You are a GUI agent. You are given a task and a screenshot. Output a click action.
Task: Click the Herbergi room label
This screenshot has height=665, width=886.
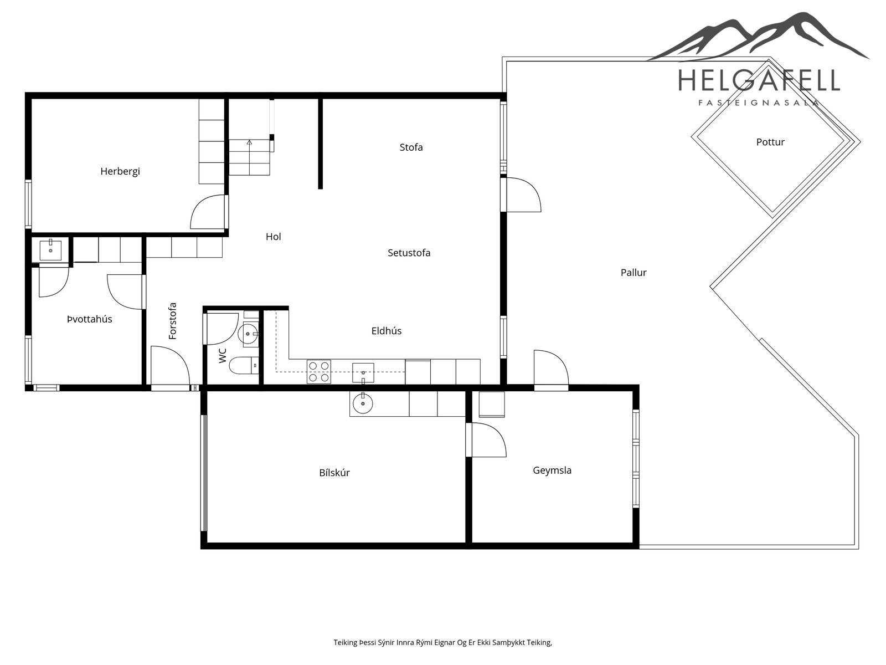click(x=120, y=172)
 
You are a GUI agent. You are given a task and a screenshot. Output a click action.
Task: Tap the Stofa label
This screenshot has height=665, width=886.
click(x=411, y=147)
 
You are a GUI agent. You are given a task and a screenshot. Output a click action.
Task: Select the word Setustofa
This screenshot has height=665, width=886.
click(x=409, y=253)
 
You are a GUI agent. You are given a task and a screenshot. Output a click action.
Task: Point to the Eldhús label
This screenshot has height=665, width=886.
click(x=387, y=331)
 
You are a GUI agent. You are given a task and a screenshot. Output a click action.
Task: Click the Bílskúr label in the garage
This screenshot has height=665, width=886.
click(x=334, y=472)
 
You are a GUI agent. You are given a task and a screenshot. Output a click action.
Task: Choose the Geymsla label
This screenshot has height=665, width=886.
click(x=552, y=470)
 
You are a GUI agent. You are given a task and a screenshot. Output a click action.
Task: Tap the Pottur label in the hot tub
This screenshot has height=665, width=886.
click(x=770, y=142)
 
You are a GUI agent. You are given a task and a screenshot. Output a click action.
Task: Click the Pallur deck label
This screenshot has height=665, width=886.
click(x=633, y=273)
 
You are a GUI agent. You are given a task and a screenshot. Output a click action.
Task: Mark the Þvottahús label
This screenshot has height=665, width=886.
click(x=89, y=319)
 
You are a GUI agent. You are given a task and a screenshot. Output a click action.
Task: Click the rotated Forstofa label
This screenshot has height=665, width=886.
click(x=172, y=321)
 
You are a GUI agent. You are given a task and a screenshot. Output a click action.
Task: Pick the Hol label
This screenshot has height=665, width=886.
click(x=273, y=237)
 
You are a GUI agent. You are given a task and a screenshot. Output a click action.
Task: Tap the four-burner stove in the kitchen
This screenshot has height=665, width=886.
click(x=318, y=371)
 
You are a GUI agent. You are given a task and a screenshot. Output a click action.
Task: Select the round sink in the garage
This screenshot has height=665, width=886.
click(x=363, y=403)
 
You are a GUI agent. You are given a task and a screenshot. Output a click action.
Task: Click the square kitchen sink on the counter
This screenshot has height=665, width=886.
click(x=363, y=372)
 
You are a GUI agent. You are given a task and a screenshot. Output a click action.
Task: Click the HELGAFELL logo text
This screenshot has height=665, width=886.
click(x=759, y=80)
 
